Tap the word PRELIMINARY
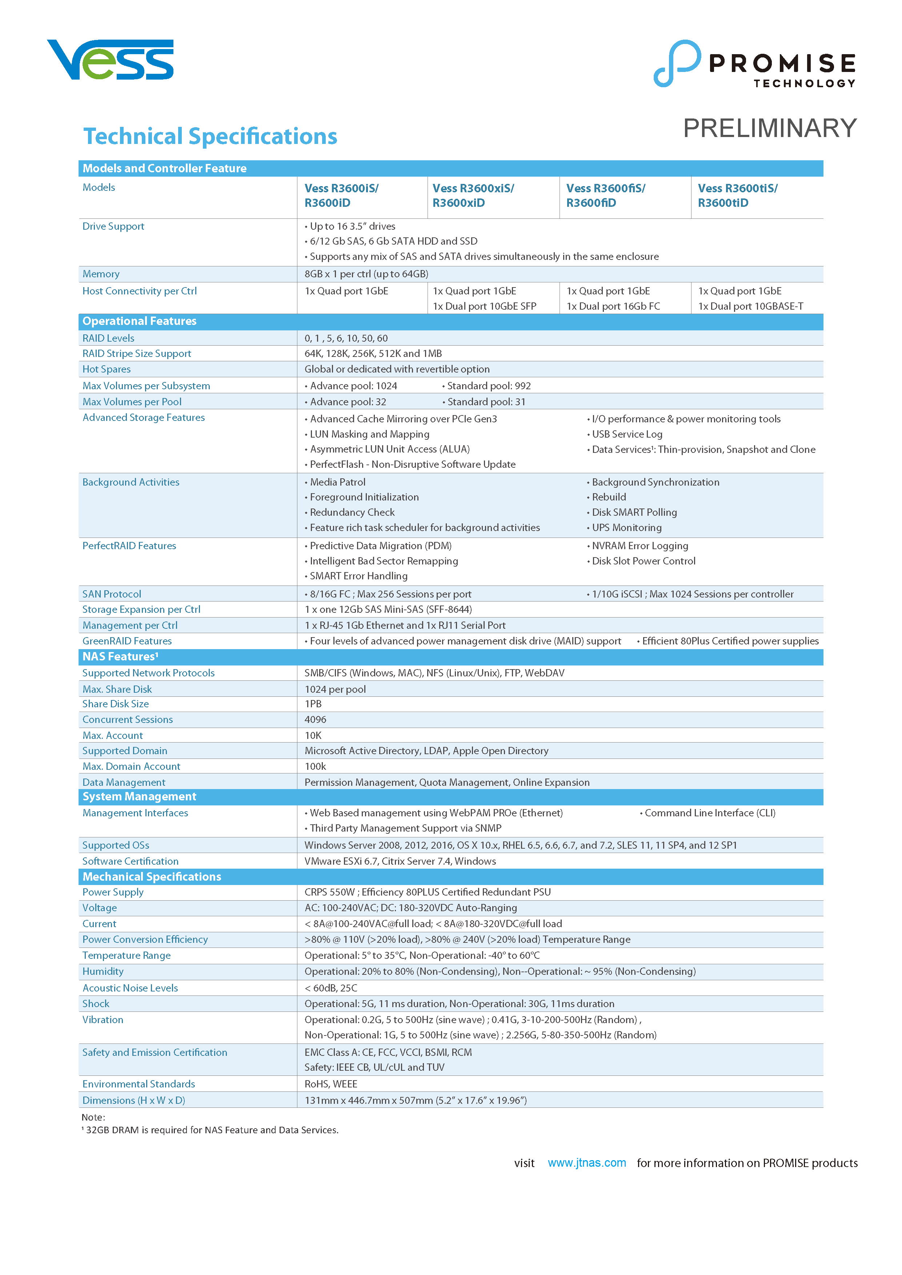click(x=769, y=128)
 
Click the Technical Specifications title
click(x=210, y=136)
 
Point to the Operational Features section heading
click(x=139, y=321)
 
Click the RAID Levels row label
click(x=108, y=338)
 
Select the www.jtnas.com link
click(x=586, y=1163)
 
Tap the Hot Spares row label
click(x=107, y=369)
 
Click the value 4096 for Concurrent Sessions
click(x=315, y=720)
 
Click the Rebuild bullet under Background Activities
click(x=609, y=497)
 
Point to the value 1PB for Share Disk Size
click(x=313, y=704)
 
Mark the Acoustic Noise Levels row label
click(x=130, y=988)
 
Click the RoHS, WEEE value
click(x=330, y=1084)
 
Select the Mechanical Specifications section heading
click(x=152, y=876)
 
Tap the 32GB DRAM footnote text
click(x=211, y=1130)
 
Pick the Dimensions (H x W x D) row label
click(x=133, y=1100)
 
